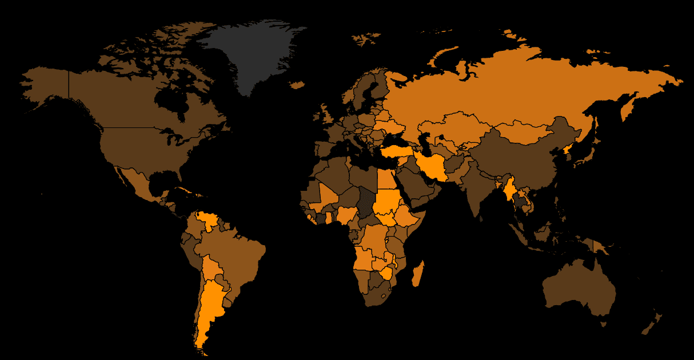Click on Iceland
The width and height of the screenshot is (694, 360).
[297, 85]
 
